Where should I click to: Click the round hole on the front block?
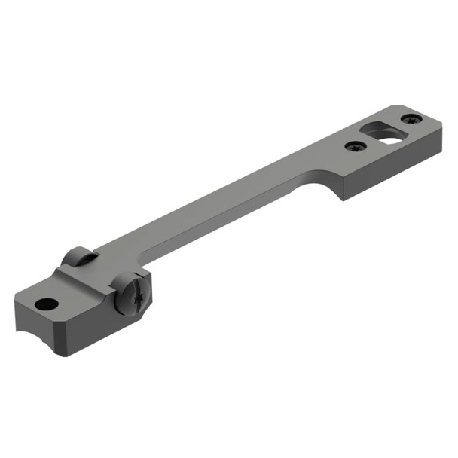click(47, 304)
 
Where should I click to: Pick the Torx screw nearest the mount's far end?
click(411, 119)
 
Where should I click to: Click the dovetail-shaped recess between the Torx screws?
click(383, 133)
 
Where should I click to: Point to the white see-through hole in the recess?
click(389, 137)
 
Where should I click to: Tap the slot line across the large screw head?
click(136, 294)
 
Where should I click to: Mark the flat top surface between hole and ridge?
click(75, 294)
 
